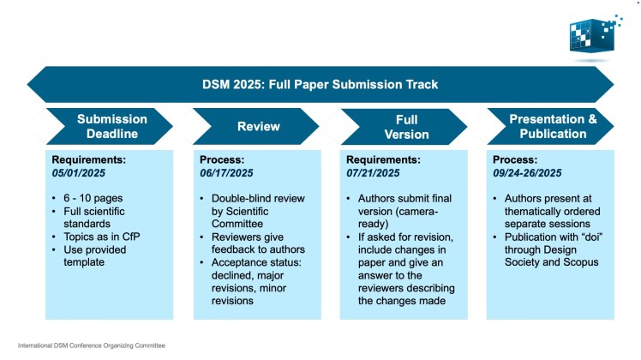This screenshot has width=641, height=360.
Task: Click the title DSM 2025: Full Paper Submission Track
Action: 320,85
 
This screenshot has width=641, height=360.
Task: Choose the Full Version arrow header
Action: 405,126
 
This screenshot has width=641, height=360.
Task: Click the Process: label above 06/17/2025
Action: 222,159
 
